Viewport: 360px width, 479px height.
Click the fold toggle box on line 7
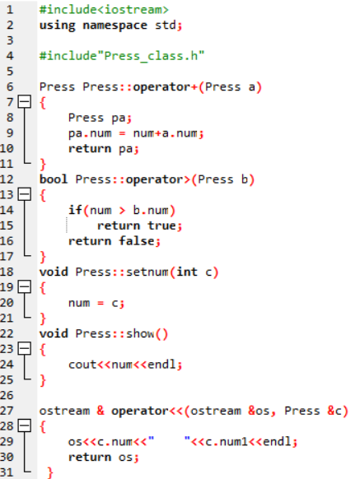[x=25, y=102]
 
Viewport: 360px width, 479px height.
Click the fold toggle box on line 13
[x=25, y=194]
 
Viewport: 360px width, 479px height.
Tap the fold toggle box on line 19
[x=25, y=287]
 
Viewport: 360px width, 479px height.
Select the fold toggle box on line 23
[x=25, y=349]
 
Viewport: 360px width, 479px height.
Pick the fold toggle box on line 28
[x=25, y=426]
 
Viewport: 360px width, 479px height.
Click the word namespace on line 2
[x=115, y=26]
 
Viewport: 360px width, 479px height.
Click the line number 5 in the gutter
[x=10, y=72]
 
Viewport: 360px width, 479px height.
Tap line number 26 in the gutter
[x=7, y=395]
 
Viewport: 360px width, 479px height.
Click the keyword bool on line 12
[x=54, y=179]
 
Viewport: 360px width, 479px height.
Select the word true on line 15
[x=161, y=226]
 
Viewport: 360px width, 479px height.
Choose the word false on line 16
[x=137, y=240]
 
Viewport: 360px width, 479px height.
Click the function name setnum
[x=147, y=272]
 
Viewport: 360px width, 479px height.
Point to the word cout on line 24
[x=82, y=365]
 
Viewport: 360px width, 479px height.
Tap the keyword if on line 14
[x=75, y=210]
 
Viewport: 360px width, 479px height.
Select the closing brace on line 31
[x=50, y=473]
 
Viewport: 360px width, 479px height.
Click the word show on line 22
[x=140, y=333]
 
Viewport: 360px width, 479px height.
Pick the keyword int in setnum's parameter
[x=187, y=272]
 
